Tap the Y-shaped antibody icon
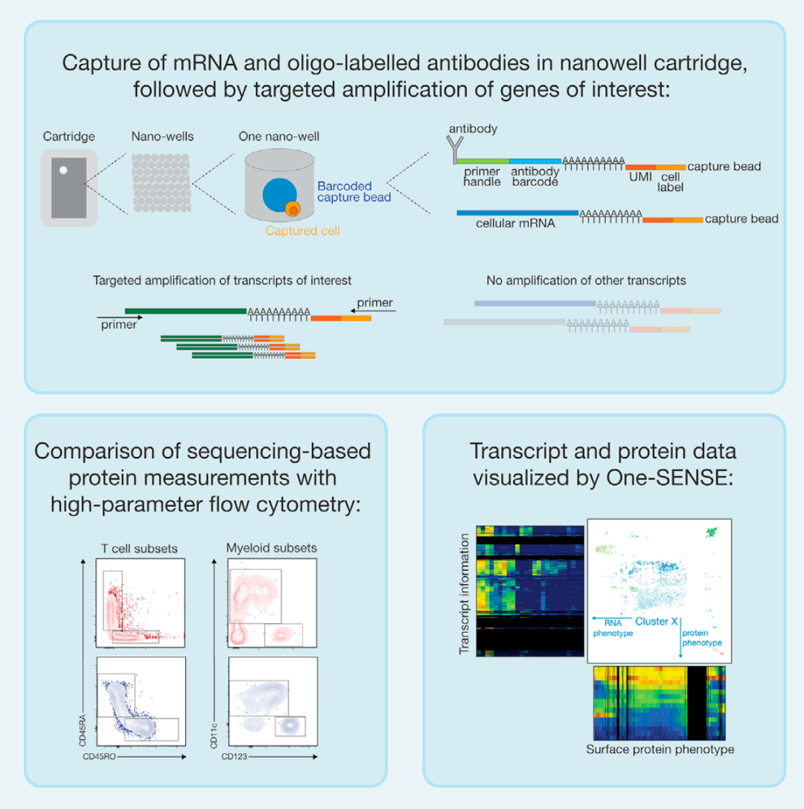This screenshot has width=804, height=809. coord(452,152)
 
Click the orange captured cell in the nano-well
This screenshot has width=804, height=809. coord(293,211)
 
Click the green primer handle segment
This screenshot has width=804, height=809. coord(482,160)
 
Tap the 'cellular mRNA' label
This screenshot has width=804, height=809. coord(506,224)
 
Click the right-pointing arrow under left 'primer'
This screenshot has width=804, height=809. coord(119,316)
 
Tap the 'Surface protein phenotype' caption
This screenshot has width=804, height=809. coord(660,749)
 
